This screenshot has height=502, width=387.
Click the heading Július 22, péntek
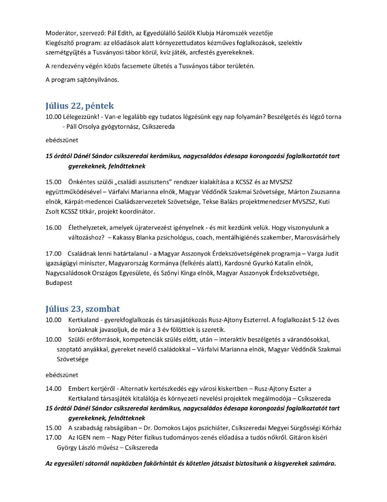(x=79, y=106)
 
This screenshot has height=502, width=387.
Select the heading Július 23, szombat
(x=83, y=309)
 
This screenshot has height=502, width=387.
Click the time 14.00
(x=53, y=388)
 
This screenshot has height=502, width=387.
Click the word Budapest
(x=59, y=283)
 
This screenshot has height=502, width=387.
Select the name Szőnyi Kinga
(x=177, y=273)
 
